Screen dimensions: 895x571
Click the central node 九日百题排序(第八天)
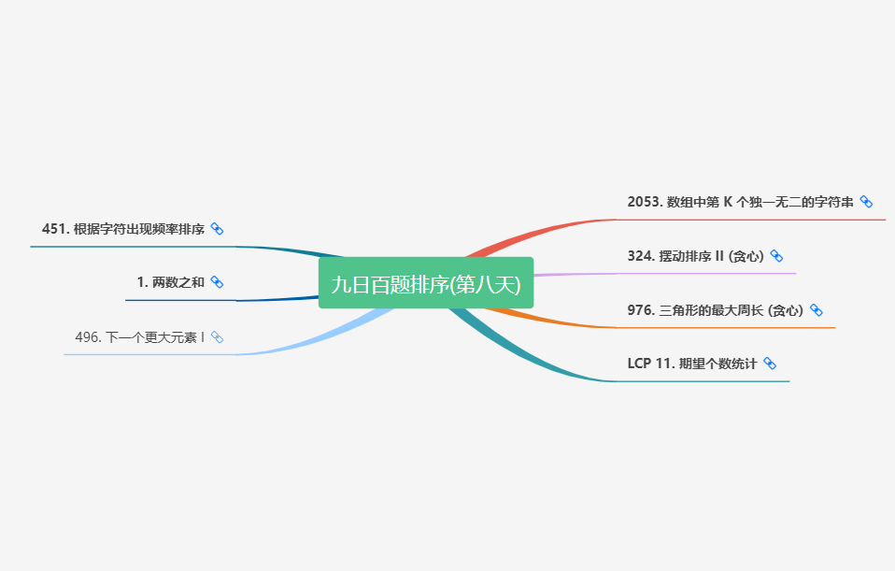click(x=425, y=283)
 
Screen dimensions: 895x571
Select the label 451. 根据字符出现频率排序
click(x=122, y=229)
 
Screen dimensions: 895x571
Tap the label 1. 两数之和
click(x=170, y=282)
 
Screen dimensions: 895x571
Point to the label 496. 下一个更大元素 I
click(x=139, y=336)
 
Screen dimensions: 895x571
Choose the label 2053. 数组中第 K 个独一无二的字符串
click(x=740, y=202)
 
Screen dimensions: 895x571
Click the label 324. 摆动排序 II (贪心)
click(x=695, y=256)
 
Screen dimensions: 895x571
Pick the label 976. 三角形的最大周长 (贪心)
click(x=715, y=310)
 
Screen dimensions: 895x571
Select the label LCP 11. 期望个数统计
click(x=691, y=364)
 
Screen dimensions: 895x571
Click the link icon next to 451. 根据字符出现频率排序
click(x=217, y=229)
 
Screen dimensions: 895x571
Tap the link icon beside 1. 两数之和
click(x=217, y=282)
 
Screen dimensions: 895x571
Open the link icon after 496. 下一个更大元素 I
click(x=217, y=336)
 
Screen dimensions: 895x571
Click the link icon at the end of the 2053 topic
click(x=866, y=202)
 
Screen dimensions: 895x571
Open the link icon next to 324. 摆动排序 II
click(x=776, y=256)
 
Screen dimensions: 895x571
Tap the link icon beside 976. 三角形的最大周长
click(x=816, y=310)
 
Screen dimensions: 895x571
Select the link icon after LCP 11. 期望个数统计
click(x=770, y=364)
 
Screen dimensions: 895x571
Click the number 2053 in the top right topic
click(x=644, y=202)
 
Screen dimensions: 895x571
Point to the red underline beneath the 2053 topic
click(x=747, y=220)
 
